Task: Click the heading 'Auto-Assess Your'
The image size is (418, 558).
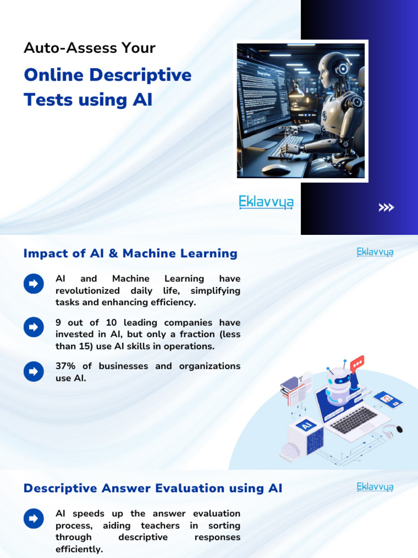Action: tap(90, 48)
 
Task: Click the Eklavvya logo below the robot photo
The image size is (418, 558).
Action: tap(266, 203)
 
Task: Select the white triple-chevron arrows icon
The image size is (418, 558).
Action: tap(386, 207)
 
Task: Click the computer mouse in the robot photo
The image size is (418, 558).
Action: tap(276, 169)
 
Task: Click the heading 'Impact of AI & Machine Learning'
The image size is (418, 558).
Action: tap(131, 253)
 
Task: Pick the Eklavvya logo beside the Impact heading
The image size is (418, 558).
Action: tap(375, 252)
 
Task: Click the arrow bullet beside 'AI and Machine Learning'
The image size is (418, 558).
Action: tap(33, 284)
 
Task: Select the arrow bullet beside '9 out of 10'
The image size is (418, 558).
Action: tap(33, 327)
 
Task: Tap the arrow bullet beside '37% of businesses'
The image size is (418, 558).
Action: tap(33, 372)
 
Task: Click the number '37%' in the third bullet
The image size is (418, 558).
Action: tap(66, 366)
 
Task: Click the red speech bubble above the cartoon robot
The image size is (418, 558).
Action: tap(357, 363)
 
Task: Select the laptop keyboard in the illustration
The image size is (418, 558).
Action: tap(354, 420)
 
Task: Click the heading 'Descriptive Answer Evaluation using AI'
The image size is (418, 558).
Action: tap(153, 488)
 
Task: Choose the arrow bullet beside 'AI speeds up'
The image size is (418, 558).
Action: tap(33, 518)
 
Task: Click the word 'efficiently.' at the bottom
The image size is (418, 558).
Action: tap(79, 549)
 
